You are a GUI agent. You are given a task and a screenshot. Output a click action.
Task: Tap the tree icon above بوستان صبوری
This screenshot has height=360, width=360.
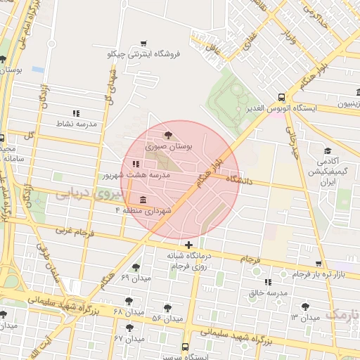(x=167, y=134)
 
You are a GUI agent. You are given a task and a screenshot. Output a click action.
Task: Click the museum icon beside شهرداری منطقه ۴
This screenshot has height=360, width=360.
(x=143, y=199)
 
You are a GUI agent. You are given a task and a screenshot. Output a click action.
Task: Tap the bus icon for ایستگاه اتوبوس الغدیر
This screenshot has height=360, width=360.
(x=281, y=97)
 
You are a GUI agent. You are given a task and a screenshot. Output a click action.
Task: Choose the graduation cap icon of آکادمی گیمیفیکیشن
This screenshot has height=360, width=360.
(x=327, y=151)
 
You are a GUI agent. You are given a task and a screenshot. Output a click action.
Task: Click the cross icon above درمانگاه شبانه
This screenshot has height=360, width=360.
(x=188, y=244)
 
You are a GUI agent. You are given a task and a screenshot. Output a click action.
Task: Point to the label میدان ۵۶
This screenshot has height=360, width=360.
(x=167, y=319)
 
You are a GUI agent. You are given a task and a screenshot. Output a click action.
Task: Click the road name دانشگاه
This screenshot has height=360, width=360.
(x=240, y=181)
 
